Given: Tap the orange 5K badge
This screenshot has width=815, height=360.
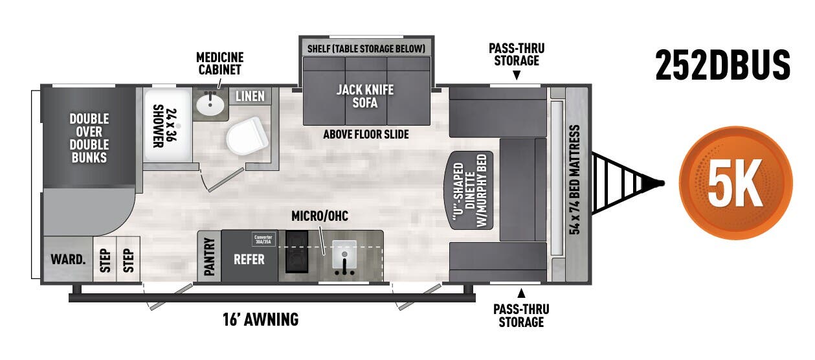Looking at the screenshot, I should (x=735, y=183).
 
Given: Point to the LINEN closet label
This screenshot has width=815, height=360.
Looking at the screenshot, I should (x=249, y=96).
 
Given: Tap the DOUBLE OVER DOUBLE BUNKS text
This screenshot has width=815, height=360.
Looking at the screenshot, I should (x=89, y=138).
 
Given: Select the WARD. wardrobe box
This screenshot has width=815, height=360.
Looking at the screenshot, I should (x=68, y=260).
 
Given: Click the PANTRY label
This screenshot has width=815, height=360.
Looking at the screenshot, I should (x=209, y=257).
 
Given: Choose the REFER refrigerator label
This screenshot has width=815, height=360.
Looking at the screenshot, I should (x=249, y=259).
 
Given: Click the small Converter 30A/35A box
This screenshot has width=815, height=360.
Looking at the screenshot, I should (x=263, y=238).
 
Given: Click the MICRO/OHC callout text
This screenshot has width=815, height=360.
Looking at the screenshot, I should (x=319, y=216).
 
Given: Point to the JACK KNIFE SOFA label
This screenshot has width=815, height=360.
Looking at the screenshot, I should (x=365, y=96).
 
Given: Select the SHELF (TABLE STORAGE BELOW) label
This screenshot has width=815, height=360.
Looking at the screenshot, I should (x=366, y=49).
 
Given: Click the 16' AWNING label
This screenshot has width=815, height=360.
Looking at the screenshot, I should (x=261, y=319).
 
